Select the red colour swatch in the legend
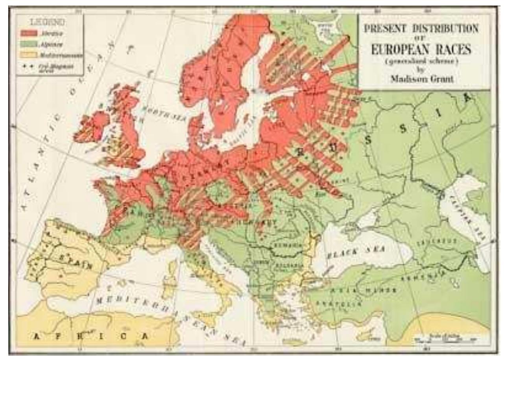(29, 34)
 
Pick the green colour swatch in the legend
(29, 44)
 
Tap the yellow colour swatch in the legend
(29, 54)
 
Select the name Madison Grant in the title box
(421, 78)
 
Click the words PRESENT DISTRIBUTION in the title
(421, 28)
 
